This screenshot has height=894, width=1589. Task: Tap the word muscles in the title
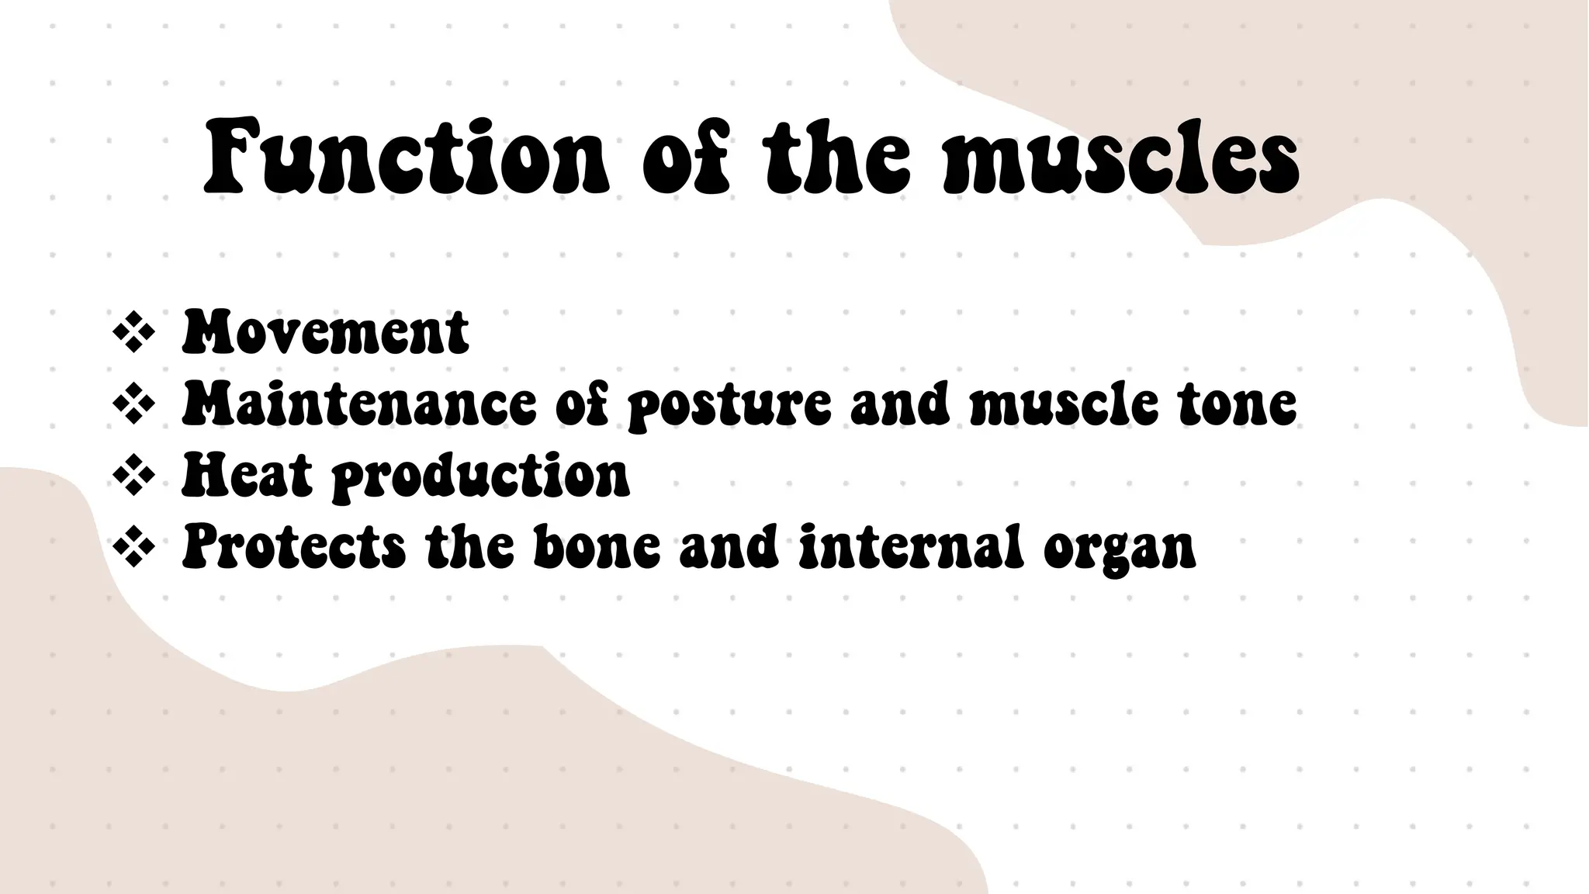tap(1121, 157)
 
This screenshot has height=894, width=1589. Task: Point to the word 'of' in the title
tap(686, 157)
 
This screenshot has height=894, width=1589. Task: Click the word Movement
tap(325, 332)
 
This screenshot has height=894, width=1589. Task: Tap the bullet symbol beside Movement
tap(133, 332)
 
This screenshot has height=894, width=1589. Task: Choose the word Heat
tap(247, 475)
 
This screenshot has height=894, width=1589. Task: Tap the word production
tap(481, 476)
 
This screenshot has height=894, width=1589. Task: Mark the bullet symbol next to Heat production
tap(133, 475)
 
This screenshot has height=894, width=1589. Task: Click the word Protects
tap(293, 546)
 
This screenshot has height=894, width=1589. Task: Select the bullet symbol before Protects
tap(133, 546)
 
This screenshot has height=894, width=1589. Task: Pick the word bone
tap(597, 546)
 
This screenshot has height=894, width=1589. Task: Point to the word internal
tap(908, 546)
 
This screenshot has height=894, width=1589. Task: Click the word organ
tap(1119, 549)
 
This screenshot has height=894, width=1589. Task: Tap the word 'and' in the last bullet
tap(729, 546)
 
